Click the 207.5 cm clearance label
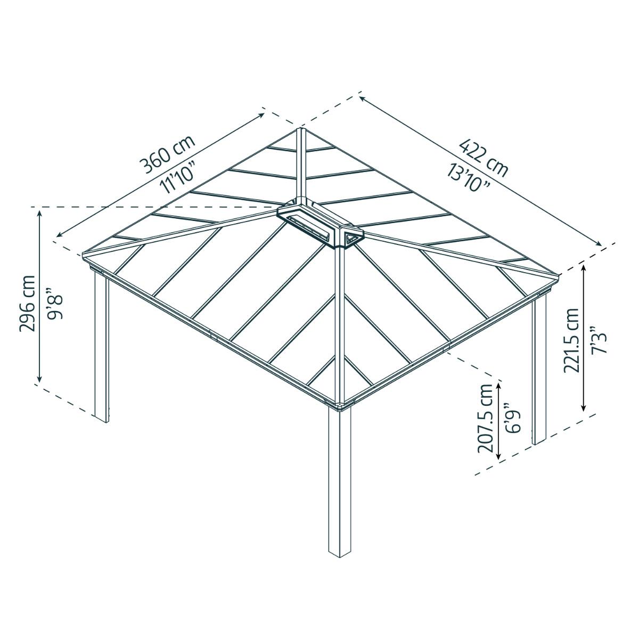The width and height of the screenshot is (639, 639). [x=485, y=418]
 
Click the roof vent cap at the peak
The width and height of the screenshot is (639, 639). [x=319, y=224]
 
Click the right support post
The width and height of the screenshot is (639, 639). [x=539, y=373]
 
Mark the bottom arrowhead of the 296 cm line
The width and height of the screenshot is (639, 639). [x=39, y=379]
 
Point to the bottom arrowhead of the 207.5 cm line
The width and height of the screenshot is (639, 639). [x=498, y=457]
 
